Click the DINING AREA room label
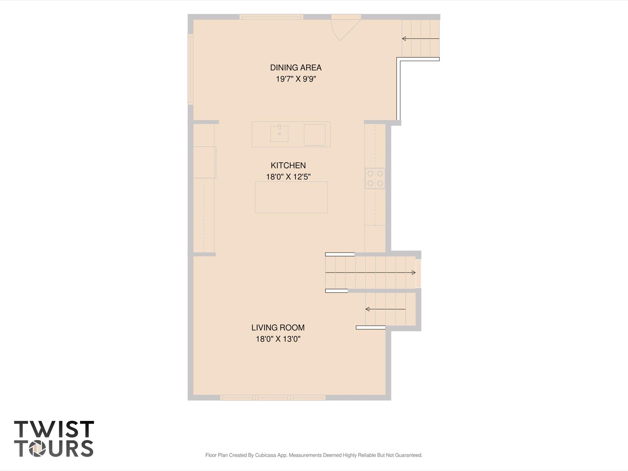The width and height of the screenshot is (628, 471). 296,68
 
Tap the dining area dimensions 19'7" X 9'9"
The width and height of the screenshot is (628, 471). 296,79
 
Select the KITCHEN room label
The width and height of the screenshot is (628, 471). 288,165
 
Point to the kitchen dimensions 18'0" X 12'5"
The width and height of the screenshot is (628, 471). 288,177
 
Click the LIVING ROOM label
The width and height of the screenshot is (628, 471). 278,328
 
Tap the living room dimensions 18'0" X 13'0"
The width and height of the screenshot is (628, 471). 278,339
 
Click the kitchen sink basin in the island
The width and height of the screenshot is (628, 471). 279,133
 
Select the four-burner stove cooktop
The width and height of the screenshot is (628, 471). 375,178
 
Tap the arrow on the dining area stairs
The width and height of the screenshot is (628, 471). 421,39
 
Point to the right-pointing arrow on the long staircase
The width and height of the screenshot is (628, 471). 370,272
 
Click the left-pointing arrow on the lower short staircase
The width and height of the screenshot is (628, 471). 385,309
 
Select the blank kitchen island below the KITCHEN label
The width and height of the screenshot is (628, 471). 291,197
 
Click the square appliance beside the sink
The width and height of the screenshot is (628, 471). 314,135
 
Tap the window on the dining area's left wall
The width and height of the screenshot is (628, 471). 191,69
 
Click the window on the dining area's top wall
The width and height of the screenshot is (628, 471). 271,17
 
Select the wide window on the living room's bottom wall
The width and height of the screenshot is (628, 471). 273,398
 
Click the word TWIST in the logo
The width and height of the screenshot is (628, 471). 54,429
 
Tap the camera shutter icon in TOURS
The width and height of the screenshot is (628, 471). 37,449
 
